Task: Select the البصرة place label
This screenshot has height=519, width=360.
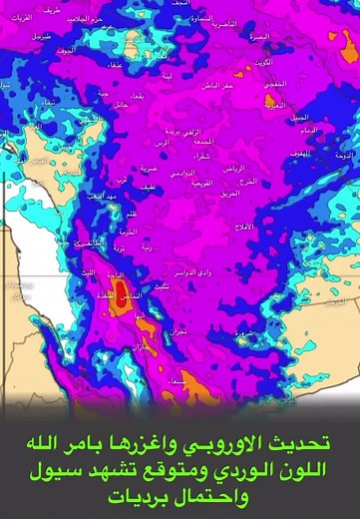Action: click(x=258, y=36)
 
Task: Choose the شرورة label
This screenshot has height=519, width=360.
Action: click(x=244, y=332)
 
